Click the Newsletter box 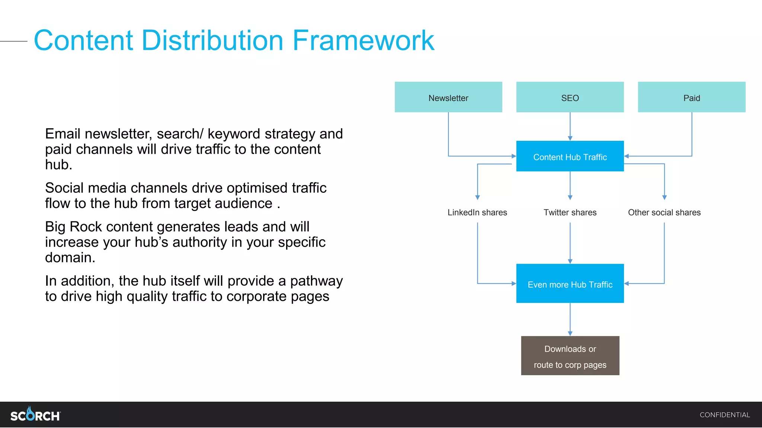(x=448, y=97)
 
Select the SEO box (x=570, y=97)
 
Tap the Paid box (x=692, y=97)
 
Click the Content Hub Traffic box (x=570, y=156)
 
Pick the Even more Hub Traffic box (x=570, y=284)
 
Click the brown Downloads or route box (x=570, y=356)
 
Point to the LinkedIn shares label (x=477, y=213)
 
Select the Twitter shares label (x=570, y=213)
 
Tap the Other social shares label (x=664, y=213)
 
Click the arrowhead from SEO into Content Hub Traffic (x=570, y=138)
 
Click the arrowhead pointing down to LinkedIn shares (x=478, y=197)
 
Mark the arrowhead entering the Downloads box (x=570, y=334)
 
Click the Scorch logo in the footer (x=35, y=415)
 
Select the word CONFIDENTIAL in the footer (x=724, y=415)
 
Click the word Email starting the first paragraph (x=63, y=134)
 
